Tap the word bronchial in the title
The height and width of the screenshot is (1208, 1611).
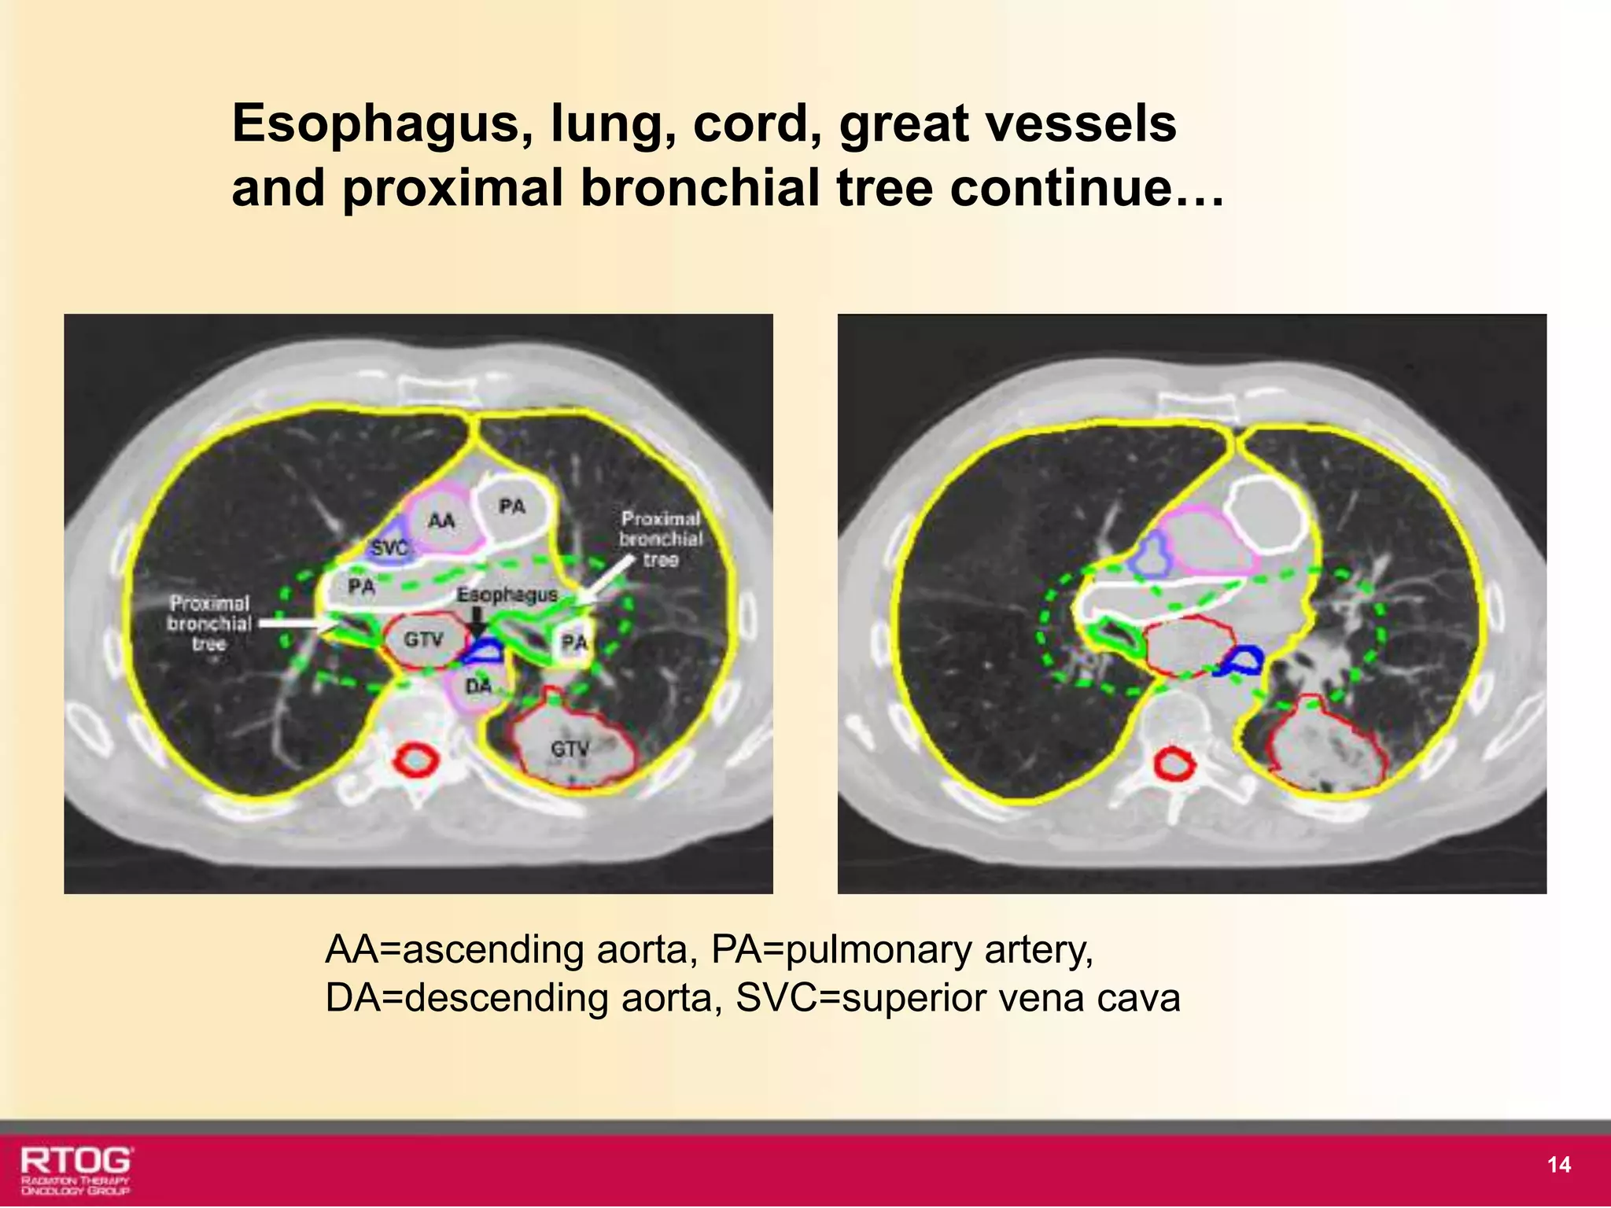pyautogui.click(x=700, y=189)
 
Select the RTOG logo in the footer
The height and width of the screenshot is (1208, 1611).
pyautogui.click(x=76, y=1169)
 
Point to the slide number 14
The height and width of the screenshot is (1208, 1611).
pyautogui.click(x=1558, y=1165)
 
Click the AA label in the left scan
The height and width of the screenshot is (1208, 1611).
pyautogui.click(x=441, y=521)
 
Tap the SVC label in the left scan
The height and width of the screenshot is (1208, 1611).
pyautogui.click(x=389, y=547)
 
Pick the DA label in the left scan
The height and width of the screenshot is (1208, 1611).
pyautogui.click(x=478, y=687)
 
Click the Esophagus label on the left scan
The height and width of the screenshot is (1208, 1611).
pyautogui.click(x=507, y=595)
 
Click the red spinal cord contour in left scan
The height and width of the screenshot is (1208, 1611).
pyautogui.click(x=415, y=761)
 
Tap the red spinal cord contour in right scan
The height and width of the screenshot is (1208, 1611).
pyautogui.click(x=1174, y=764)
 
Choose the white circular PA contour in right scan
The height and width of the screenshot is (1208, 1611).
pyautogui.click(x=1265, y=514)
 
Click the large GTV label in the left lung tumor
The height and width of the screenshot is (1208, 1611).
pyautogui.click(x=569, y=749)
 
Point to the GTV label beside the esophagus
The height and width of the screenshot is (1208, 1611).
pyautogui.click(x=423, y=640)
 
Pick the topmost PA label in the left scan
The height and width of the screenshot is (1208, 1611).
pyautogui.click(x=512, y=506)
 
